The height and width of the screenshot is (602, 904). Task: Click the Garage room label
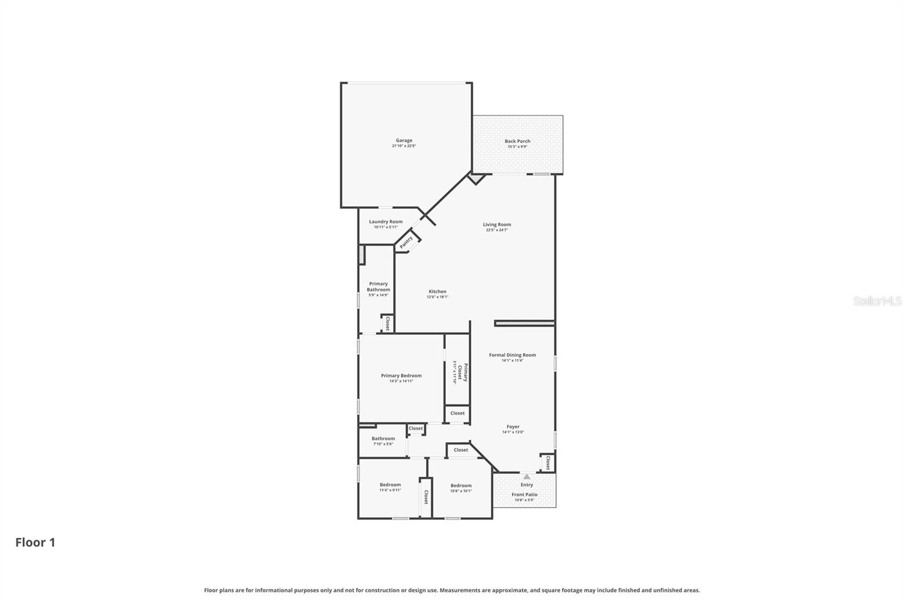pos(403,141)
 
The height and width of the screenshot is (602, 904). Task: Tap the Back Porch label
pos(517,141)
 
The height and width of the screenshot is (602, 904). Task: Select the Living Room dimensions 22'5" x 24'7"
pos(497,230)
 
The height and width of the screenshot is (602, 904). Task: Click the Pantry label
pos(406,242)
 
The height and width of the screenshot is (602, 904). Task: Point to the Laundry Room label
pos(386,222)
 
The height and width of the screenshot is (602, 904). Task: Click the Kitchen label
pos(437,292)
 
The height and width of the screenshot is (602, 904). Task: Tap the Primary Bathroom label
pos(378,287)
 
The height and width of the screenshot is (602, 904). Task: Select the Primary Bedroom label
pos(401,376)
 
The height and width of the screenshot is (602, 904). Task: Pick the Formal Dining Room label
pos(512,355)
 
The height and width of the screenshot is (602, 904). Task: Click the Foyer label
pos(512,427)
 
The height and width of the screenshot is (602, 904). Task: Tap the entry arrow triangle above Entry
pos(527,477)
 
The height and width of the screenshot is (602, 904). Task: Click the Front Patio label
pos(524,495)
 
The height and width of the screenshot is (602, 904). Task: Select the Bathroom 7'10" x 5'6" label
pos(383,439)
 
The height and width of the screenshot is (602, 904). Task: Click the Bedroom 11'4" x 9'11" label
pos(390,485)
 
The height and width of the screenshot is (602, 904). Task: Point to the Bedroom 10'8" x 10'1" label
pos(460,486)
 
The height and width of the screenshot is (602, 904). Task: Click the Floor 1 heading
pos(35,543)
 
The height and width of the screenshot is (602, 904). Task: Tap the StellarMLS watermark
pos(877,302)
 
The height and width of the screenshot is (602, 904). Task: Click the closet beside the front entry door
pos(547,463)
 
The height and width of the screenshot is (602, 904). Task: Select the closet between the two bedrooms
pos(425,497)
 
